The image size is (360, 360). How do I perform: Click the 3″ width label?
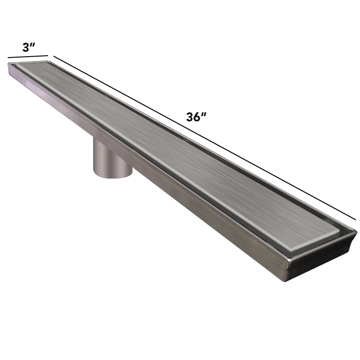point(29,48)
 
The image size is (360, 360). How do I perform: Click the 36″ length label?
point(196,117)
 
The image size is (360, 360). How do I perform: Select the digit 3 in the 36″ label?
point(190,117)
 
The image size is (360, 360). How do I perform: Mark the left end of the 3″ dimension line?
point(8,58)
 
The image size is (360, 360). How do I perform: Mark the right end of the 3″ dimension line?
point(48,55)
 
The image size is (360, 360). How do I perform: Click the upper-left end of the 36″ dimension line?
point(54,56)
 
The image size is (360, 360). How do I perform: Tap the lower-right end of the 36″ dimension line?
point(356,220)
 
